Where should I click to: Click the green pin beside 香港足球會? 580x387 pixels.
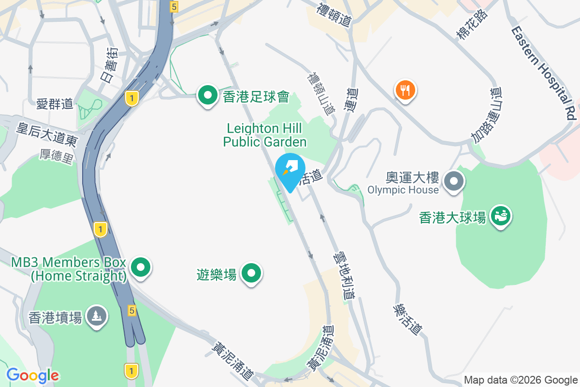[208, 96]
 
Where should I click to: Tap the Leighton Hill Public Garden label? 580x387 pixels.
[265, 135]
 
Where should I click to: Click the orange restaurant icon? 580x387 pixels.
[406, 90]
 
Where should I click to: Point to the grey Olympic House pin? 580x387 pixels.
[454, 182]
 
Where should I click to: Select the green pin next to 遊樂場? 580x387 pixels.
[251, 273]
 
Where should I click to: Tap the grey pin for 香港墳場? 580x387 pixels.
[97, 316]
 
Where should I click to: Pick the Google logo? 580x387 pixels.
[33, 375]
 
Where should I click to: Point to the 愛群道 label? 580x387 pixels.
[55, 104]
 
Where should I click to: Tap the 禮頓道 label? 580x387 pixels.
[334, 15]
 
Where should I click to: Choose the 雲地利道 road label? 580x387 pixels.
[344, 277]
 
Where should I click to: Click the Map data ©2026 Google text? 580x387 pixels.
[521, 380]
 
